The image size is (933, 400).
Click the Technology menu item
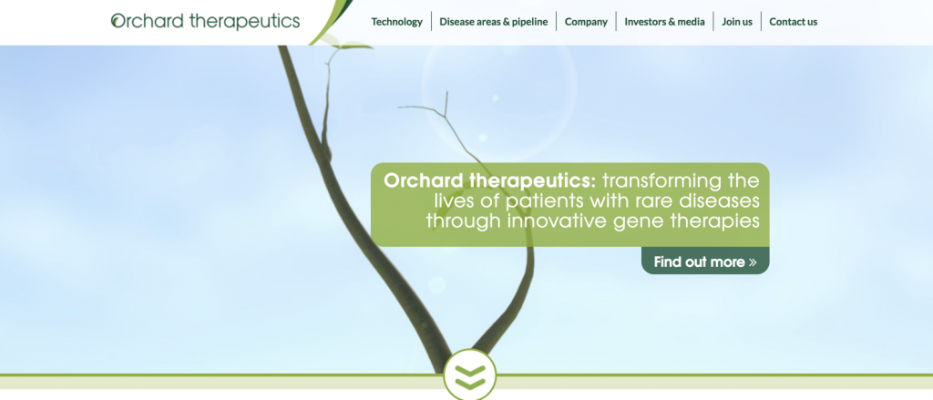[396, 22]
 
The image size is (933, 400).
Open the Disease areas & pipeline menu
[493, 22]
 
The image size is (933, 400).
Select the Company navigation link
[586, 22]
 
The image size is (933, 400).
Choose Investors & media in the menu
[664, 22]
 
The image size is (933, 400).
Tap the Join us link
[736, 22]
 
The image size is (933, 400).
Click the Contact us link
[794, 22]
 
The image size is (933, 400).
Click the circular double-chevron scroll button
[470, 375]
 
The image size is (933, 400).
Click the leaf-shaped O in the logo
[118, 22]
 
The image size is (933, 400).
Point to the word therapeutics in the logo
[244, 22]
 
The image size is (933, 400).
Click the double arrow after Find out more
[753, 262]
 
